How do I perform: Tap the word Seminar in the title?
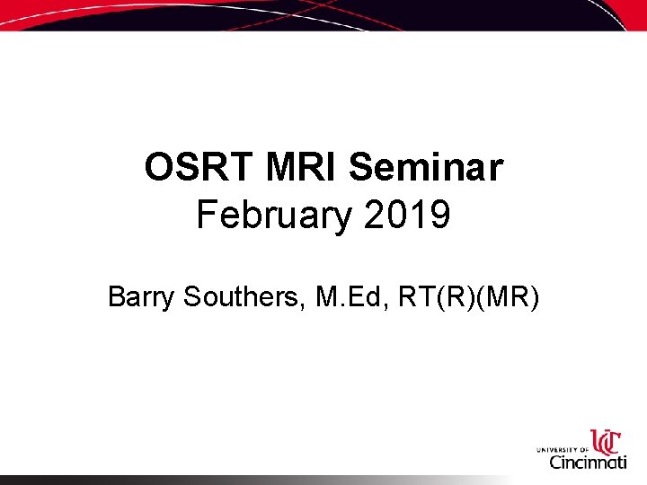pos(426,168)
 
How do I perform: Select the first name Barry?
pos(142,296)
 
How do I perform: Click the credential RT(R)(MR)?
pos(467,296)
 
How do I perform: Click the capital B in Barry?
pos(117,296)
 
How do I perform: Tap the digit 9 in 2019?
pos(439,216)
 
